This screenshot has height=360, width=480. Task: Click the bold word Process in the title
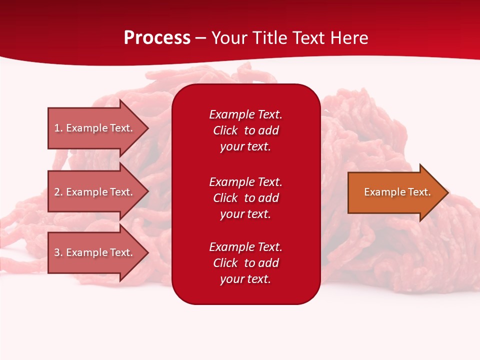[x=157, y=38]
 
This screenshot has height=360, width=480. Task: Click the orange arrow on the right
[x=395, y=192]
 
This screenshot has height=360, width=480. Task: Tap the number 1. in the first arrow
[x=58, y=128]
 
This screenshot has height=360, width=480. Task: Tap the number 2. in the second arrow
[x=58, y=192]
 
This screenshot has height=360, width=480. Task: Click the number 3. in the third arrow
[x=58, y=252]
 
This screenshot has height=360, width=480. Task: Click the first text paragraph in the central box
[x=245, y=130]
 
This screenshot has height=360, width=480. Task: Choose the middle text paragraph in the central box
[x=245, y=198]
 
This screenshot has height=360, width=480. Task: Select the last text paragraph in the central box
[x=245, y=263]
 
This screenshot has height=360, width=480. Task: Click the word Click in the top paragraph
[x=225, y=130]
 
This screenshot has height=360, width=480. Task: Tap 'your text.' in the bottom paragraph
[x=245, y=279]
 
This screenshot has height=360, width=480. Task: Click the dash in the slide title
[x=200, y=38]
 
